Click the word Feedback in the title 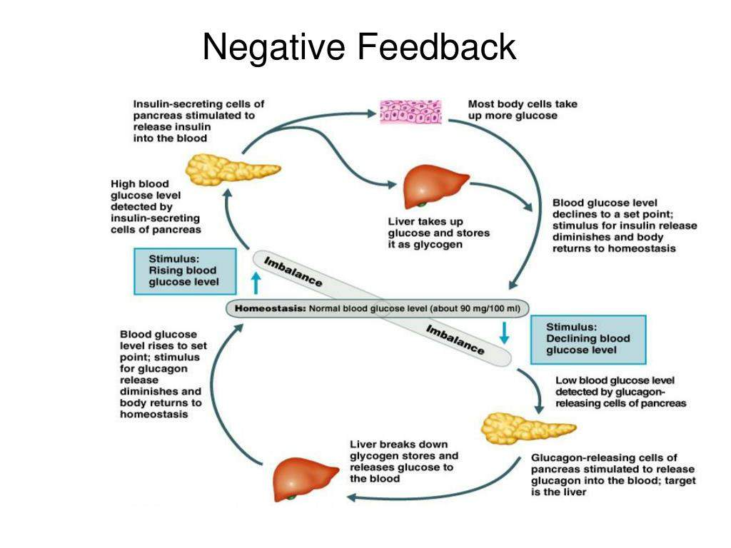pyautogui.click(x=437, y=46)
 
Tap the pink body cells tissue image pyautogui.click(x=410, y=112)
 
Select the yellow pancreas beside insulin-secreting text pyautogui.click(x=232, y=170)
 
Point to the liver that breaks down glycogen pyautogui.click(x=305, y=479)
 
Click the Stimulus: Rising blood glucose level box pyautogui.click(x=185, y=271)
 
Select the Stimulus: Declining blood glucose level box pyautogui.click(x=588, y=339)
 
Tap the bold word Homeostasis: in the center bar pyautogui.click(x=270, y=308)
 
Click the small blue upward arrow pyautogui.click(x=256, y=283)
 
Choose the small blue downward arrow pyautogui.click(x=504, y=333)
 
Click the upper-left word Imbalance pyautogui.click(x=293, y=272)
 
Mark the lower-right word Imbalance pyautogui.click(x=455, y=340)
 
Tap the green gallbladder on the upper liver pyautogui.click(x=421, y=204)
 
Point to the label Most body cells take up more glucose pyautogui.click(x=523, y=110)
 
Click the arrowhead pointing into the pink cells pyautogui.click(x=371, y=113)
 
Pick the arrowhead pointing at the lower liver pyautogui.click(x=352, y=498)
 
